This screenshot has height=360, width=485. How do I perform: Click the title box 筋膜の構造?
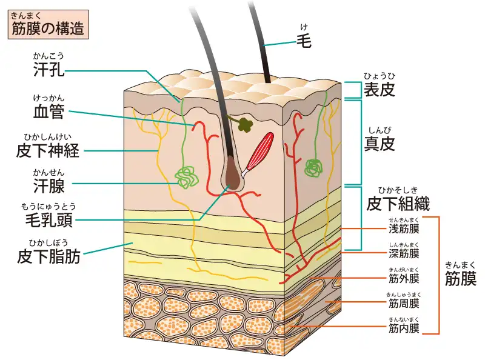(x=48, y=24)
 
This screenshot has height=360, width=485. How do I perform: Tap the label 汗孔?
(x=48, y=69)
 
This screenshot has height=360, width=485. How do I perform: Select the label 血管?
(x=48, y=112)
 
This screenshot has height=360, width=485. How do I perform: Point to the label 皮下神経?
(x=48, y=151)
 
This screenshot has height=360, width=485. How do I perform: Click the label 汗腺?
(x=48, y=186)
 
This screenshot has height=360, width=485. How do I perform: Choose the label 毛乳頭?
(x=48, y=220)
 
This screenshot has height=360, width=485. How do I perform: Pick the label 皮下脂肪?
(x=48, y=256)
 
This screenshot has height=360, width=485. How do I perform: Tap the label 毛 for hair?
(x=304, y=41)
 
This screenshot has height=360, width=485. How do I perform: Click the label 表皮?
(x=380, y=89)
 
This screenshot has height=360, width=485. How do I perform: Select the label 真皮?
(x=380, y=144)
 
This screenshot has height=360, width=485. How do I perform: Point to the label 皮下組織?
(x=398, y=204)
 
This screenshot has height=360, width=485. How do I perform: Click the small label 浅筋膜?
(x=404, y=229)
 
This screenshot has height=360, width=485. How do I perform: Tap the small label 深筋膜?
(x=404, y=253)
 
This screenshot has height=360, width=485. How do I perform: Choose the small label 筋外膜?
(x=404, y=279)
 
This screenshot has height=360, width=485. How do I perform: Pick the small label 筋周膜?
(x=404, y=304)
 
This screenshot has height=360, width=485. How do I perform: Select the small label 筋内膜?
(x=404, y=328)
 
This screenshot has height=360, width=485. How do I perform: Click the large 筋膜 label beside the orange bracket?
(x=461, y=278)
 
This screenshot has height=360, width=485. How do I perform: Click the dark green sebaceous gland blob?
(x=246, y=124)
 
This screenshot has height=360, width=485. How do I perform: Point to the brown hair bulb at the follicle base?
(x=233, y=174)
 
